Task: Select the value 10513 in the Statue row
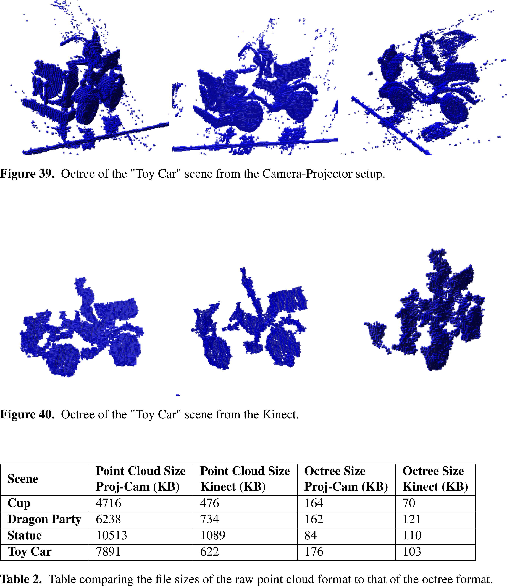112,535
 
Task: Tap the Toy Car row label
29,551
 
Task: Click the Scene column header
23,479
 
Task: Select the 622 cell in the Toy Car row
209,551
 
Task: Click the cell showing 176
314,551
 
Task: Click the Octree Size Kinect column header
435,479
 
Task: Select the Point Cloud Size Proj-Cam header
141,479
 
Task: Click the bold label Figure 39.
27,173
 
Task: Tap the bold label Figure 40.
27,414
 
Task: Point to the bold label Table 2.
21,579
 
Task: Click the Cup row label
19,503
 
